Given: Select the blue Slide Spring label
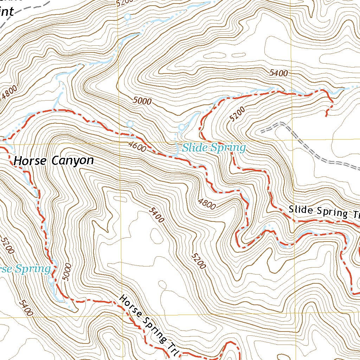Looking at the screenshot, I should click(x=214, y=148).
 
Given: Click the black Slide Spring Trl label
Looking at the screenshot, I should click(x=324, y=212).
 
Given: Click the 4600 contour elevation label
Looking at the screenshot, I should click(x=137, y=147).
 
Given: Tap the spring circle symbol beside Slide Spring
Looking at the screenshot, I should click(x=181, y=127).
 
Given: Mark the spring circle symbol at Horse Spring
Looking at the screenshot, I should click(x=52, y=281).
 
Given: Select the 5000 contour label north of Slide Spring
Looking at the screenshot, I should click(x=142, y=101).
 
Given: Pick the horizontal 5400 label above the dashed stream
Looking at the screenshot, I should click(x=279, y=73).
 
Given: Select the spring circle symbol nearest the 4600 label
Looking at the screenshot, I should click(x=130, y=124).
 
